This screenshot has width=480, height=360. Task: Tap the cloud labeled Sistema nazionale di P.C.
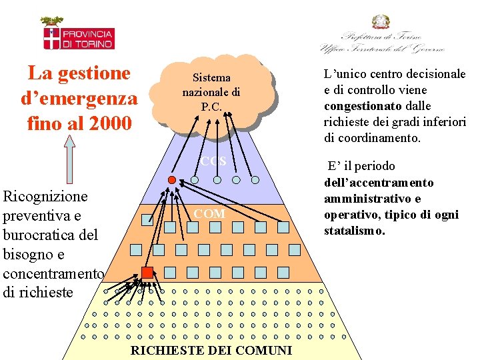[211, 92]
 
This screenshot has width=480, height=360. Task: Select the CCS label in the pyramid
[214, 162]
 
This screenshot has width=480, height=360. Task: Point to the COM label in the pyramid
[209, 214]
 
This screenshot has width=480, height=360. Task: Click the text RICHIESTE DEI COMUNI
[211, 351]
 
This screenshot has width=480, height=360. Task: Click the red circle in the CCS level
[171, 180]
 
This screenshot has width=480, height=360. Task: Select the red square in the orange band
[147, 272]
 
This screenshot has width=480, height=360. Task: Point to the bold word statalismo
[354, 231]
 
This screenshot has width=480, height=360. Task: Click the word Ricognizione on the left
[45, 197]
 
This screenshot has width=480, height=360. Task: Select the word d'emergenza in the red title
[79, 98]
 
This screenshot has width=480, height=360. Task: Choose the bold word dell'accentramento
[379, 182]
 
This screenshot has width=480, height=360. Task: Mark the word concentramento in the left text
[53, 273]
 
